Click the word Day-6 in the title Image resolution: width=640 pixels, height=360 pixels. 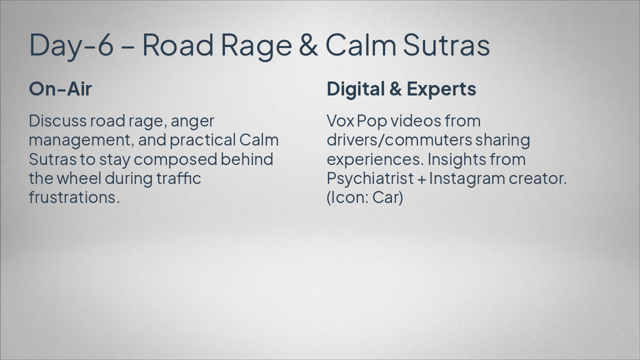[71, 44]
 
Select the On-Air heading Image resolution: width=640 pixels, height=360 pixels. [60, 89]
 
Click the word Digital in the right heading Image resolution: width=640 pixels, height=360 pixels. [354, 89]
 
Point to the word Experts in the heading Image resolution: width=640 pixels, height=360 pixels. [441, 89]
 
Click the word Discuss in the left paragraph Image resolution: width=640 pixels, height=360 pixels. [57, 121]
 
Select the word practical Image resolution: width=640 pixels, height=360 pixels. [202, 140]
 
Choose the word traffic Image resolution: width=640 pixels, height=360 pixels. [178, 178]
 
